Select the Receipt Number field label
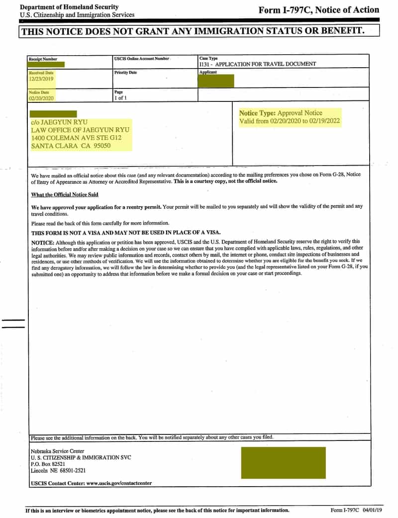[43, 59]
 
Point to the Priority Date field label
[125, 73]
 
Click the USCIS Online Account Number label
[141, 59]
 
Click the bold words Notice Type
[257, 113]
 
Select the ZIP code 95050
[100, 146]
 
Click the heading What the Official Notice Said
[65, 195]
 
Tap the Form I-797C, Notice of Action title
[318, 10]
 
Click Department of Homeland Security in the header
[69, 7]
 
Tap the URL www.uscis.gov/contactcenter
[119, 483]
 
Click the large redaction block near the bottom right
[283, 462]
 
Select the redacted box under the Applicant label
[216, 81]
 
